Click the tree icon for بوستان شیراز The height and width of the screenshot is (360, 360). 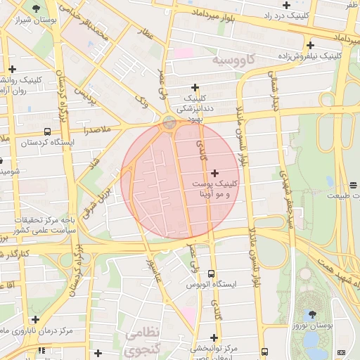pyautogui.click(x=36, y=8)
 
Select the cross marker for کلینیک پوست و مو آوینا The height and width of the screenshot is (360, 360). pyautogui.click(x=214, y=172)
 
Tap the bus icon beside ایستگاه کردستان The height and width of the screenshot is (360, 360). pyautogui.click(x=47, y=131)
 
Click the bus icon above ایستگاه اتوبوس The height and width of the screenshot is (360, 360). pyautogui.click(x=212, y=274)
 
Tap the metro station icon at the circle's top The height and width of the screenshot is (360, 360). pyautogui.click(x=169, y=123)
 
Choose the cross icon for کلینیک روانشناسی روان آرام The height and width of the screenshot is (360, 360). pyautogui.click(x=12, y=69)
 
